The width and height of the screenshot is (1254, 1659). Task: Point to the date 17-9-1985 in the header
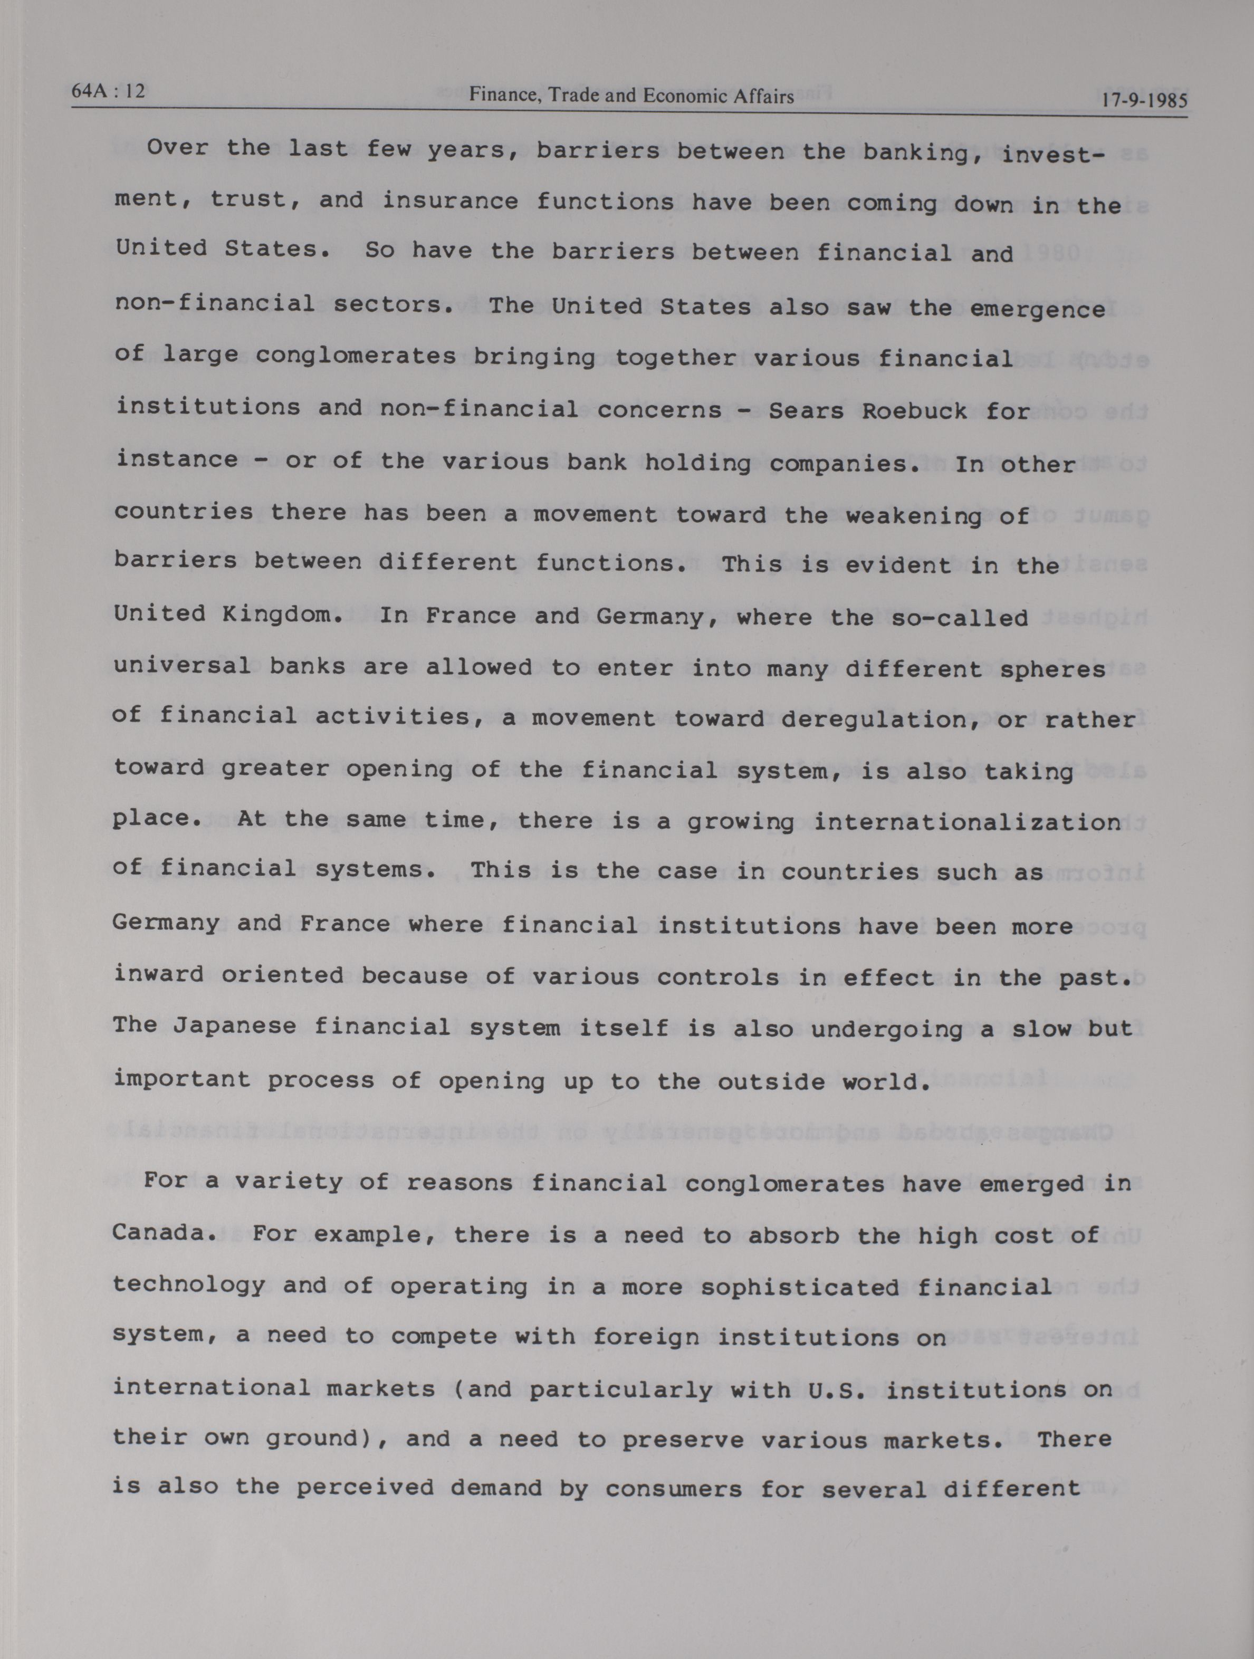tap(1144, 100)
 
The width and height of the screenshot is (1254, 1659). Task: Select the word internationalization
tap(967, 821)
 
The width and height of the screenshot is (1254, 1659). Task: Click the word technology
tap(189, 1286)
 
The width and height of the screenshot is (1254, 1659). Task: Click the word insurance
tap(450, 200)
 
